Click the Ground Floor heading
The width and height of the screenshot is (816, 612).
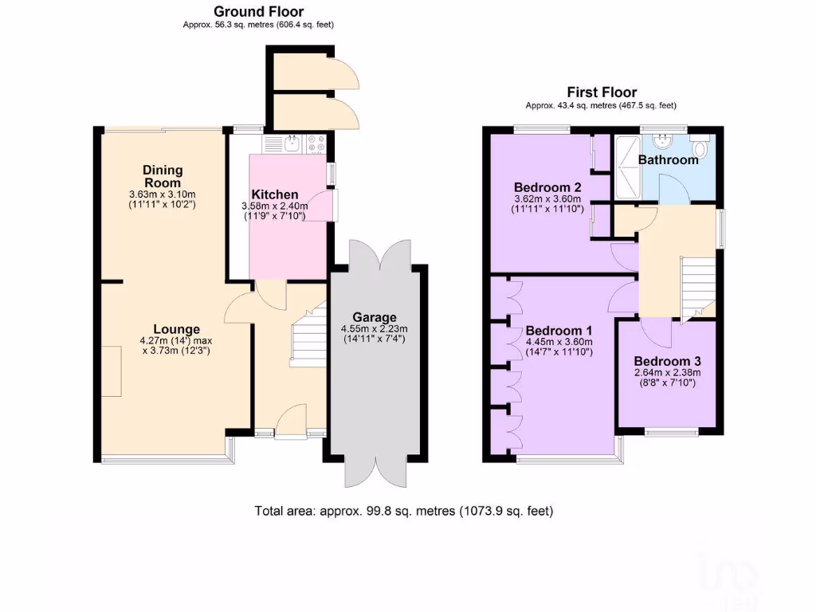click(x=257, y=11)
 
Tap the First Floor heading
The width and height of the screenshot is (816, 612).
click(x=601, y=92)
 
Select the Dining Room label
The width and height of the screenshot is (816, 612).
click(x=163, y=176)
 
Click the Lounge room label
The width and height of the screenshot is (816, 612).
click(x=176, y=329)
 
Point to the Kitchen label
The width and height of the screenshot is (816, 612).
click(x=275, y=194)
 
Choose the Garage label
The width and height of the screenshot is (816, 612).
click(x=375, y=317)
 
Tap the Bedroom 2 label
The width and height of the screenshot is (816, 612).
click(x=547, y=187)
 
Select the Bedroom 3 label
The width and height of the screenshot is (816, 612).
click(x=666, y=360)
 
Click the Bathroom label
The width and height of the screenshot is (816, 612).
click(x=668, y=159)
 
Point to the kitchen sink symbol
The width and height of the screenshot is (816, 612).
click(x=292, y=143)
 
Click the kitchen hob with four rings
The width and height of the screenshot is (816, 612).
click(x=316, y=143)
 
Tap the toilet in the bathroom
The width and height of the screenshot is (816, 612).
click(x=700, y=149)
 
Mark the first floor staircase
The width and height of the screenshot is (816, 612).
click(x=695, y=287)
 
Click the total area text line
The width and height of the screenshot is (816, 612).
click(x=403, y=511)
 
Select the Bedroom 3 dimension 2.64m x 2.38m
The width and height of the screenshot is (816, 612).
click(x=666, y=372)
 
